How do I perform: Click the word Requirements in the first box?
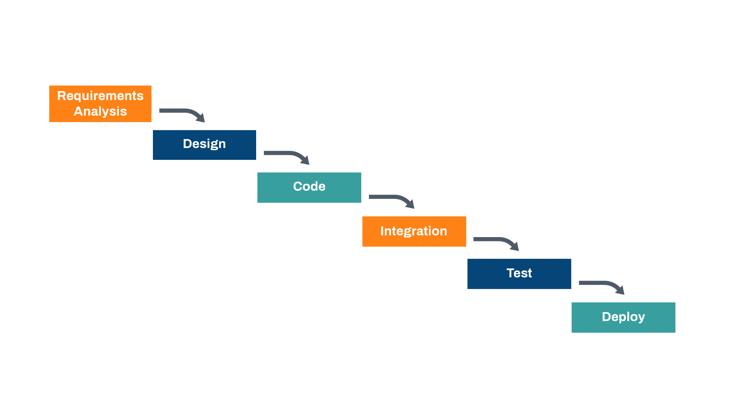(100, 96)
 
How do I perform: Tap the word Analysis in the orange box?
(100, 111)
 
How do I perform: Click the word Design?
(204, 144)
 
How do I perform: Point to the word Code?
(309, 186)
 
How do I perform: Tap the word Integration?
(414, 231)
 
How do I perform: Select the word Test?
(519, 273)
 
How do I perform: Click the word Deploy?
(623, 317)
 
